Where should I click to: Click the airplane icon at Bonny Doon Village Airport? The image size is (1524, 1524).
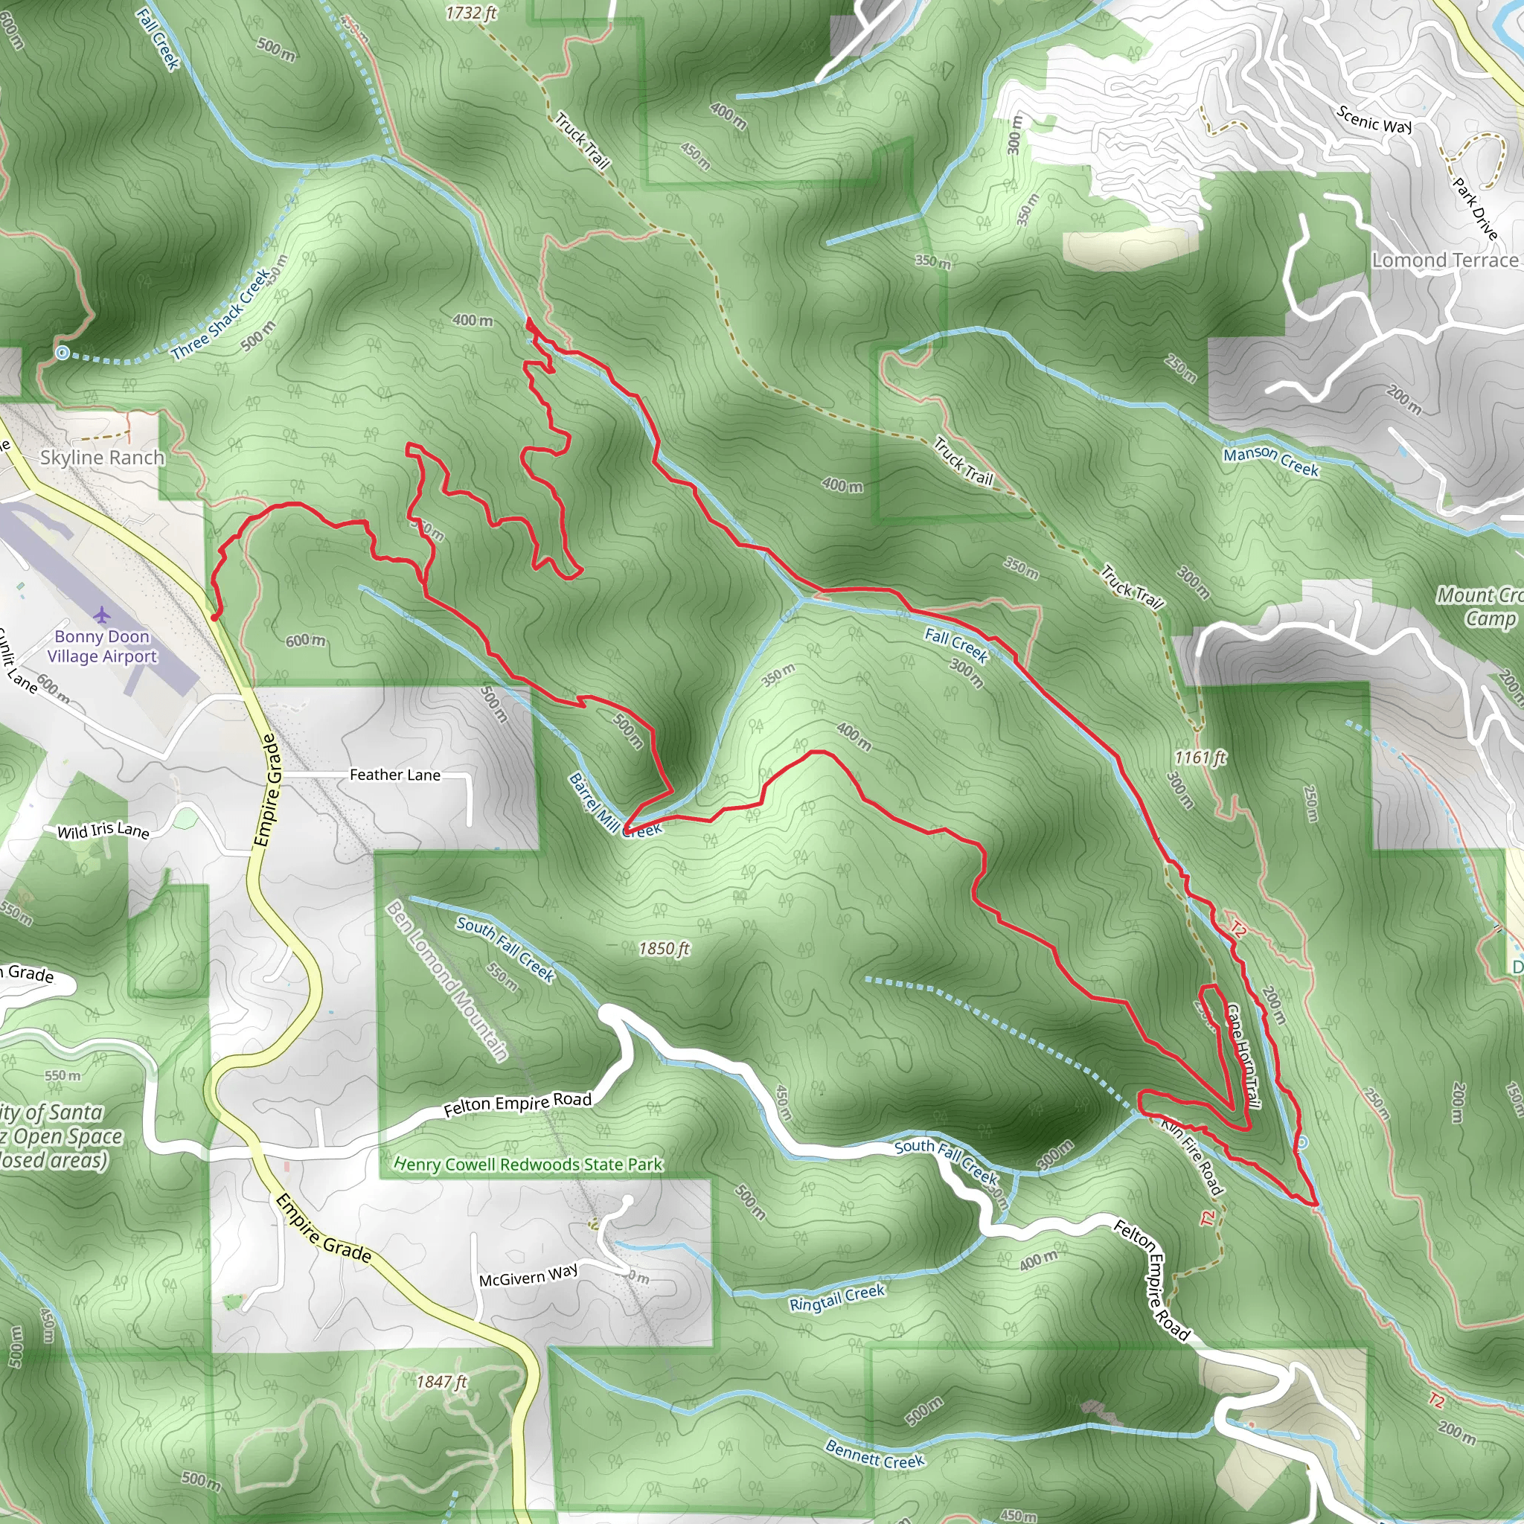click(x=102, y=615)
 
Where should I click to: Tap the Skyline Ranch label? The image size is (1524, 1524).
click(x=103, y=458)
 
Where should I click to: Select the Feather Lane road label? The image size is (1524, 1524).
click(x=394, y=775)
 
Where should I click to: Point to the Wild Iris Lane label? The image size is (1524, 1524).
click(x=103, y=830)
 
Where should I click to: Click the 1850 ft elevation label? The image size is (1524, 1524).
click(x=665, y=948)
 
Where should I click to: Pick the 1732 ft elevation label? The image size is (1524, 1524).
click(x=471, y=13)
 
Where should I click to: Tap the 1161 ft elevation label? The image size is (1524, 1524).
click(x=1200, y=758)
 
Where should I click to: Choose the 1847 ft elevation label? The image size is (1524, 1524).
click(x=442, y=1381)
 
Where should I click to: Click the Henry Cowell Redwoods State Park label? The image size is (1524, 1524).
click(x=528, y=1165)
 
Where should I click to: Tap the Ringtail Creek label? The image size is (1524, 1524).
click(x=837, y=1298)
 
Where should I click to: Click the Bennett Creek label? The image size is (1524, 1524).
click(x=874, y=1454)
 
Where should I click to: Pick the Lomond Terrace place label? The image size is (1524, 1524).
click(x=1445, y=260)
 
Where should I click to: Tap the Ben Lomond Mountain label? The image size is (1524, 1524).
click(x=447, y=981)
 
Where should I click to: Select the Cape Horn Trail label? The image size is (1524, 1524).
click(x=1243, y=1055)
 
